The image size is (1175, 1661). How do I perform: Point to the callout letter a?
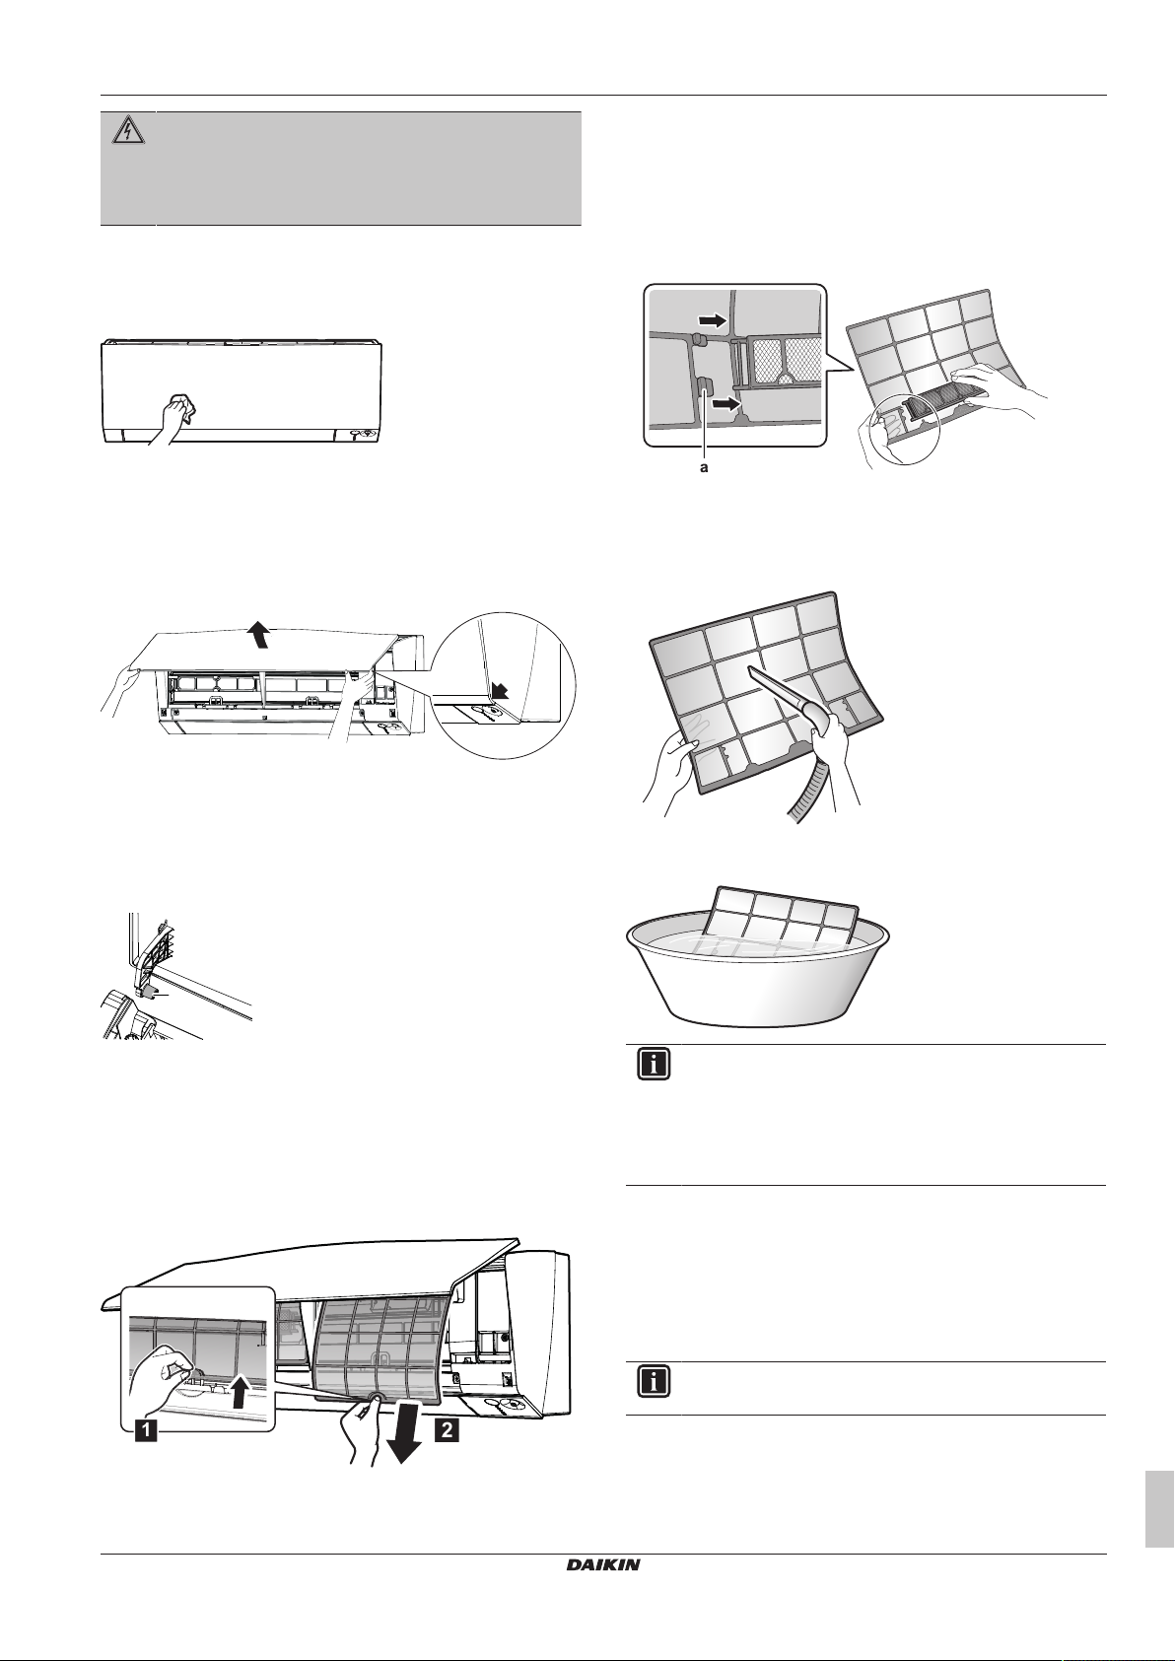click(703, 469)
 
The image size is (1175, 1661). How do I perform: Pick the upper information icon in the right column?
click(655, 1068)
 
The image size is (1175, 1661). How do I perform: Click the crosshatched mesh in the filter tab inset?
click(780, 361)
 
